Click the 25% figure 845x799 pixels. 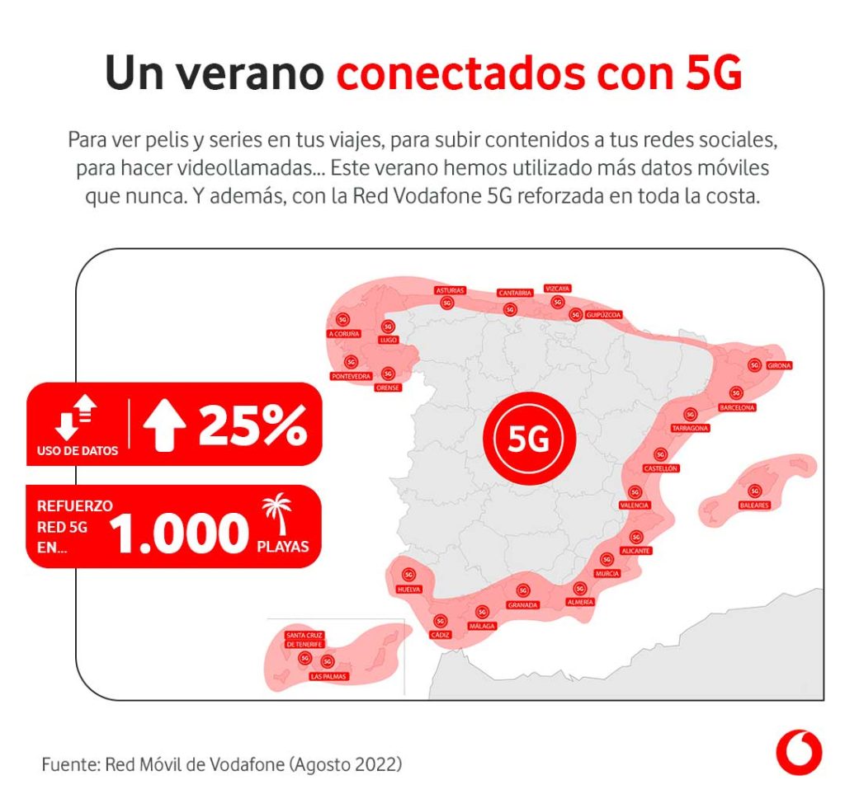(253, 425)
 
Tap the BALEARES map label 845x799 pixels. (753, 505)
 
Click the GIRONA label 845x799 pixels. (779, 365)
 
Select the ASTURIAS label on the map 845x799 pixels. (450, 290)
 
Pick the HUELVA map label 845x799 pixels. (408, 590)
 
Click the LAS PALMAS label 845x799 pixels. (328, 676)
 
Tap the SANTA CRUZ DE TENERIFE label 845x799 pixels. (304, 639)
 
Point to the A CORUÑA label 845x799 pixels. (344, 334)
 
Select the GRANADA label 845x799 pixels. (523, 604)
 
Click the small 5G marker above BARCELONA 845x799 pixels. (736, 393)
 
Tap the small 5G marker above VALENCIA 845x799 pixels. (635, 491)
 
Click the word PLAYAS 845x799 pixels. (282, 546)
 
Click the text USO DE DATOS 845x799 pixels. (78, 451)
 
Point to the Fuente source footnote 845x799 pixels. (222, 764)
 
